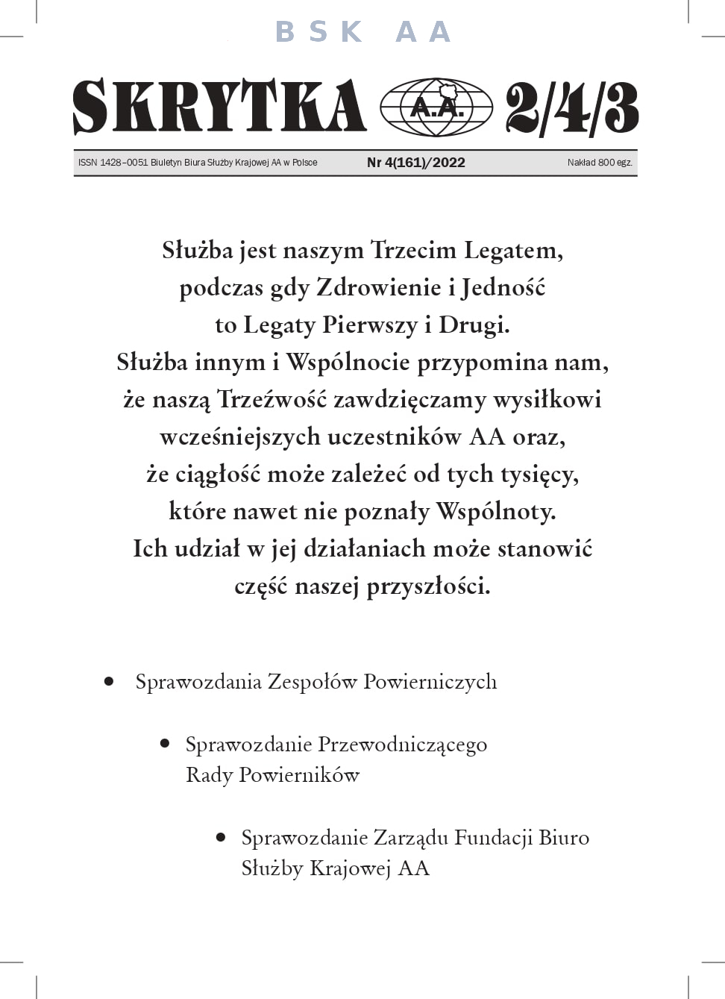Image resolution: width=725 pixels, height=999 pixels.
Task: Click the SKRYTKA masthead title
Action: click(219, 107)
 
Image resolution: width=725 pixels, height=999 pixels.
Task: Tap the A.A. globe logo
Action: click(436, 107)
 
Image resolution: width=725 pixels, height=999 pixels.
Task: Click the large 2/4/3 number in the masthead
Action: click(571, 108)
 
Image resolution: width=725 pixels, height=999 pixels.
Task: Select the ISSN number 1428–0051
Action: click(124, 163)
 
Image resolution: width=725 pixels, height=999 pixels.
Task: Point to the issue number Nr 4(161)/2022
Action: click(415, 163)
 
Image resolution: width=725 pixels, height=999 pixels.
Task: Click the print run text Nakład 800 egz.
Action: click(599, 163)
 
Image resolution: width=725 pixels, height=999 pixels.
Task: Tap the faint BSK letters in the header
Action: click(318, 32)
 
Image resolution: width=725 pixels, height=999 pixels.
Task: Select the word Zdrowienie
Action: click(378, 287)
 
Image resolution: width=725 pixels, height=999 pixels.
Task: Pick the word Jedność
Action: click(503, 287)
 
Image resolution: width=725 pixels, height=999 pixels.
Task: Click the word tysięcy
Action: click(539, 474)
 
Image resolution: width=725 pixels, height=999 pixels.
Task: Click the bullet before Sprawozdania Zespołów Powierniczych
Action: click(110, 681)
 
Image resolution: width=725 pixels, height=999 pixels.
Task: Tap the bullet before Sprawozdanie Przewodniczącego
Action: click(165, 744)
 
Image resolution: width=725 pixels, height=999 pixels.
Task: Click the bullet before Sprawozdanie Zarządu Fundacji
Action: click(221, 837)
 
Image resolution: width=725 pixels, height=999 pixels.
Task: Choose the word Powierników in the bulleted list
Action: click(298, 775)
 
